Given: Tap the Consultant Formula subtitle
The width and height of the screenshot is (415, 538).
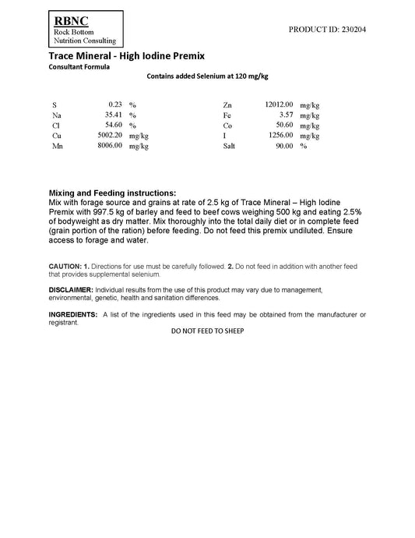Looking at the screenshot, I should click(79, 67).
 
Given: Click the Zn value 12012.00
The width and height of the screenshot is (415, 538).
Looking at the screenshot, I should click(278, 104).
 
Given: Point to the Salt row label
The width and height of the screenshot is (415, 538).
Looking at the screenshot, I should click(229, 146).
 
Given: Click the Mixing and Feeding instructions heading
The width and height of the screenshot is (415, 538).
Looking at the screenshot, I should click(112, 193).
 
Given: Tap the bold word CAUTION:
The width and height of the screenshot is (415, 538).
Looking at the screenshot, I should click(65, 267).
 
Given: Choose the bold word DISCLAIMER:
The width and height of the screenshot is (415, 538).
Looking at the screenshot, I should click(71, 289).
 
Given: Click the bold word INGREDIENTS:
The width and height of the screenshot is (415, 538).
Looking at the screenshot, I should click(73, 313).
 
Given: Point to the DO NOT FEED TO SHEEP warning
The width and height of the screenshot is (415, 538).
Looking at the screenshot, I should click(207, 331).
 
